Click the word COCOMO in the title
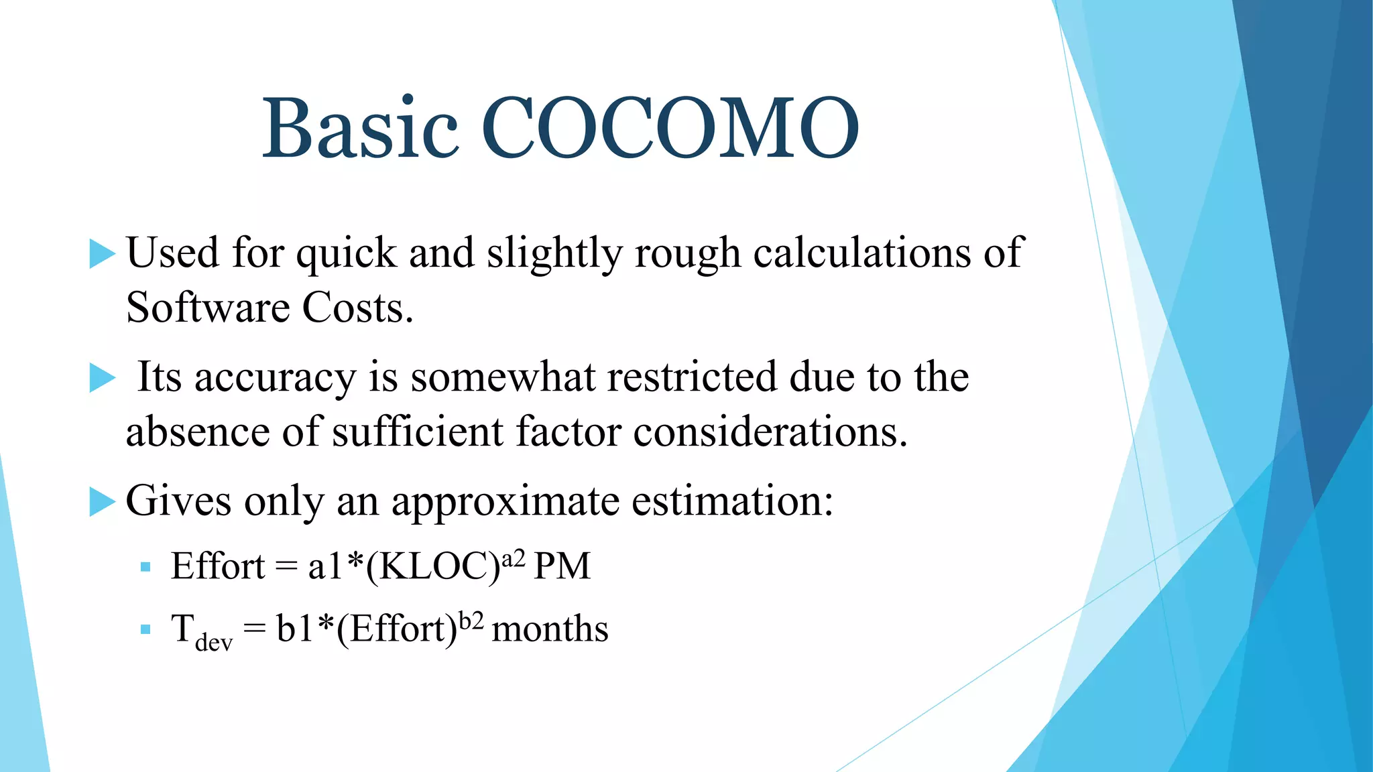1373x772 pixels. tap(670, 129)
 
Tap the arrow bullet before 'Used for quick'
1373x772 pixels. tap(102, 254)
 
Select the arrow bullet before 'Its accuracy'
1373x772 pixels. tap(102, 378)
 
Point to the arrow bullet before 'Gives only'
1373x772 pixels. tap(102, 502)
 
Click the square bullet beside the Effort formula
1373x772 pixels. tap(145, 568)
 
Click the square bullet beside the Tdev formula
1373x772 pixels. tap(145, 630)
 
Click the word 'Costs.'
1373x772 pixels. tap(357, 308)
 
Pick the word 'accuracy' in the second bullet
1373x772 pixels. tap(275, 378)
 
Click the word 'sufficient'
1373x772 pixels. tap(418, 432)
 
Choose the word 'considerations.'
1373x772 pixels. tap(771, 432)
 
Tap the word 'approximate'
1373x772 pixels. tap(505, 502)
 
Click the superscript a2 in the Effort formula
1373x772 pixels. tap(514, 557)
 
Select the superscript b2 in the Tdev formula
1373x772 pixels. tap(471, 620)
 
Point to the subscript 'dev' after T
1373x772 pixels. tap(214, 643)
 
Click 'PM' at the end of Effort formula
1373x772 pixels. tap(562, 567)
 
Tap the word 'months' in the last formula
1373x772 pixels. tap(550, 630)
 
